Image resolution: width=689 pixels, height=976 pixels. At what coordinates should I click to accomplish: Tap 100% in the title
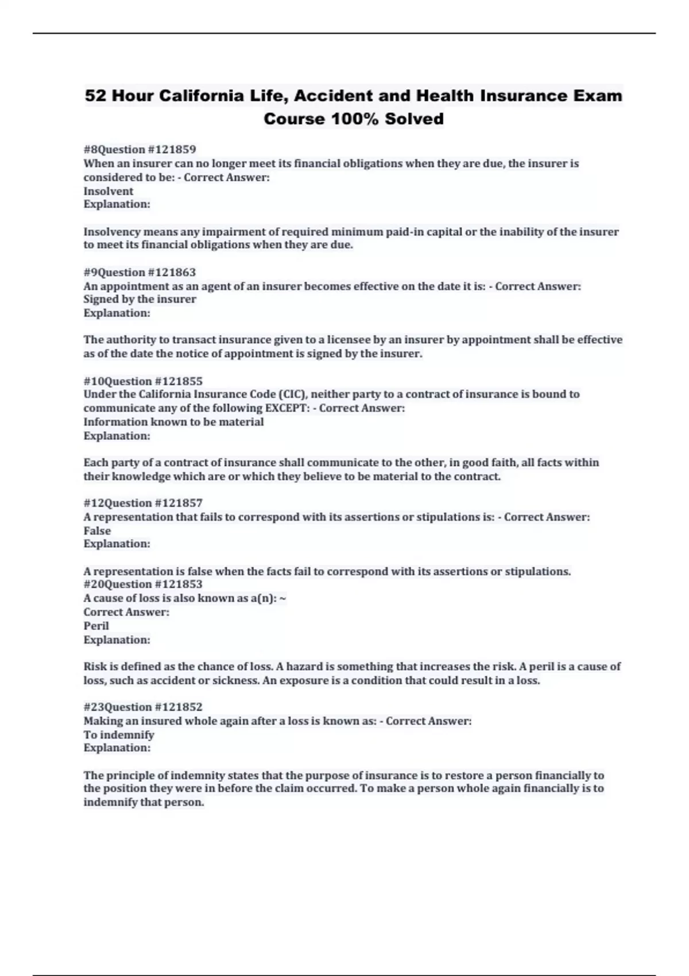354,119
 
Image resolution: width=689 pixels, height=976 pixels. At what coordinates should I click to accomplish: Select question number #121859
172,149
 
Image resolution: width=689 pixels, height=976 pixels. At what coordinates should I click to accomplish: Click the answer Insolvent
108,191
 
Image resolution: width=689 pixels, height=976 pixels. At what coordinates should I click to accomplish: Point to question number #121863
172,272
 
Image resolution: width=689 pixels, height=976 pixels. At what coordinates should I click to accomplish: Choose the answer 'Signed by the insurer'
140,299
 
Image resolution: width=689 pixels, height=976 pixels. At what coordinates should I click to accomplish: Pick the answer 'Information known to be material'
173,422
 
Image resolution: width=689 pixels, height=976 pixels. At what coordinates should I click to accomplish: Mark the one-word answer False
97,530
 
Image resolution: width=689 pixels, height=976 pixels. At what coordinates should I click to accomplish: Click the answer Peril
96,626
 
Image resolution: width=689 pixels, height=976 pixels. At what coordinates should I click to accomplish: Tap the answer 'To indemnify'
119,735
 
